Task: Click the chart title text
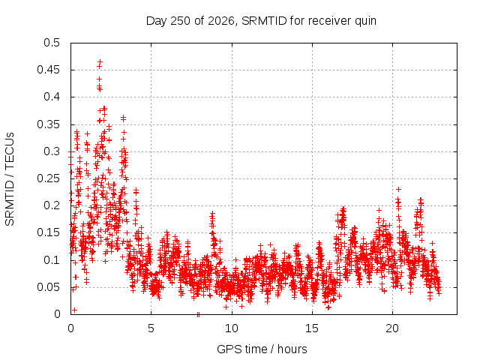click(x=261, y=21)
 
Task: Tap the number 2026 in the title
click(x=221, y=21)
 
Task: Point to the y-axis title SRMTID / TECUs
click(x=10, y=179)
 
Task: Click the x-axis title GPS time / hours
click(x=262, y=349)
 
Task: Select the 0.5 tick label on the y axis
click(x=52, y=43)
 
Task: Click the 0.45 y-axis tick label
click(x=48, y=70)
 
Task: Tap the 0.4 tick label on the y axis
click(x=52, y=97)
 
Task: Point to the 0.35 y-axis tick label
click(x=48, y=124)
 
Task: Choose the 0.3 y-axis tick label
click(x=52, y=151)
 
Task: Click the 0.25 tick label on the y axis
click(x=48, y=178)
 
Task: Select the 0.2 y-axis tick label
click(x=52, y=205)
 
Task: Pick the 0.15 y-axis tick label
click(x=48, y=232)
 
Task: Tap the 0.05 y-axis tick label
click(x=48, y=287)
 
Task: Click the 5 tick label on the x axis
click(x=151, y=328)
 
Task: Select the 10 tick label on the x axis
click(x=232, y=328)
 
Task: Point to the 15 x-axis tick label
click(x=312, y=328)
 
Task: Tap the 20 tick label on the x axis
click(x=392, y=328)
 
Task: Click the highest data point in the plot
click(x=100, y=61)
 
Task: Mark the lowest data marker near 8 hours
click(x=198, y=314)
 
